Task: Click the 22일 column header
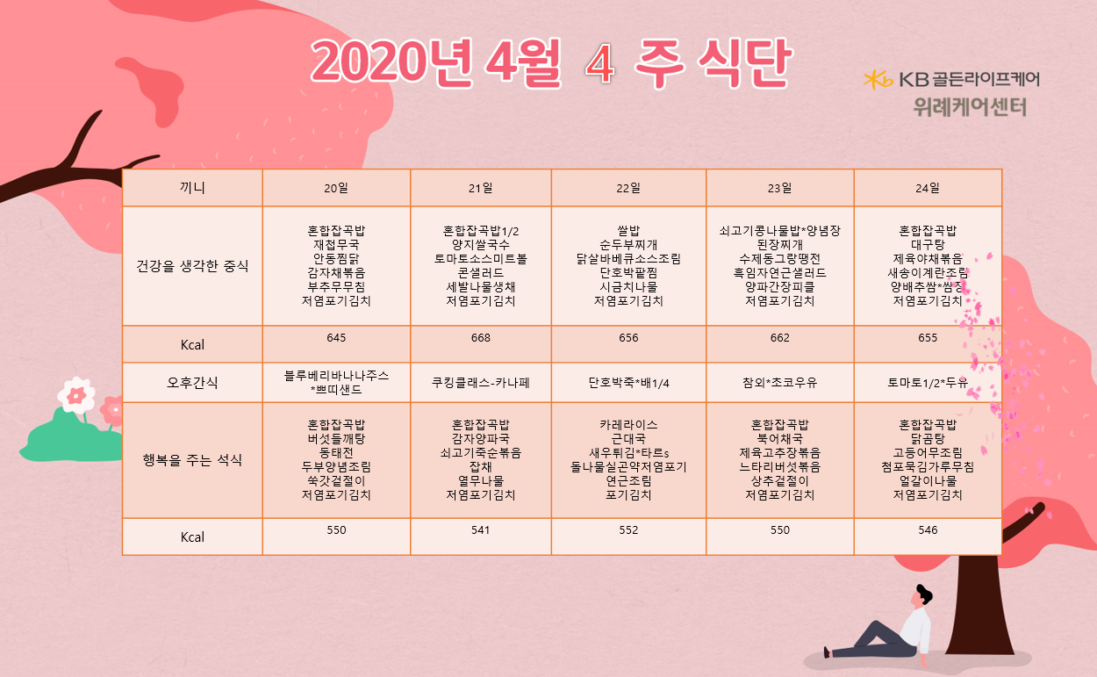click(628, 188)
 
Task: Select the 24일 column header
click(928, 188)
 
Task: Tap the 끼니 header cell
click(192, 188)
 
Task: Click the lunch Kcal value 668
click(480, 337)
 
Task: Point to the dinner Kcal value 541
click(480, 530)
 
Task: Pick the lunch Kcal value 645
click(336, 337)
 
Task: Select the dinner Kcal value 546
click(928, 530)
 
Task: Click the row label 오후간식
click(192, 383)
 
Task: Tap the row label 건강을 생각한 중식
click(192, 266)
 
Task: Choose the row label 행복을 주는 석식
click(192, 460)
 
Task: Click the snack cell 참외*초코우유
click(779, 383)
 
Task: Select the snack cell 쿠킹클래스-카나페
click(480, 383)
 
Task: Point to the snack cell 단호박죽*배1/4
click(628, 383)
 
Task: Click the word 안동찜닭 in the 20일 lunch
click(336, 259)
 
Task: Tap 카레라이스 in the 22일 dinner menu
click(628, 425)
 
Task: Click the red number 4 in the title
click(600, 64)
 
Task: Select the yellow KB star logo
click(878, 80)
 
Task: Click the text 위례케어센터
click(970, 107)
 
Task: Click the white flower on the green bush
click(76, 395)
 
